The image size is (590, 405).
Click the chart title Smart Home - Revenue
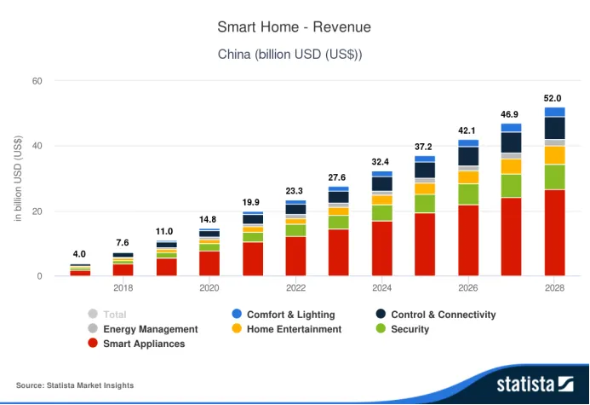pyautogui.click(x=294, y=27)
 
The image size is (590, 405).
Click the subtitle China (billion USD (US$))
pyautogui.click(x=294, y=54)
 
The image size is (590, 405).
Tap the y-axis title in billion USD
pyautogui.click(x=17, y=181)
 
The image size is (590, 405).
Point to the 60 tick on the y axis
pyautogui.click(x=37, y=81)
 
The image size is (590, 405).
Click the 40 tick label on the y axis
pyautogui.click(x=37, y=146)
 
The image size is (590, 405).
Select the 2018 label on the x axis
pyautogui.click(x=123, y=288)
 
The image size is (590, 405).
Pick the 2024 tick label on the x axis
pyautogui.click(x=382, y=288)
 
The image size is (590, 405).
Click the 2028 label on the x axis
pyautogui.click(x=554, y=288)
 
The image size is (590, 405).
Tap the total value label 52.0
pyautogui.click(x=553, y=98)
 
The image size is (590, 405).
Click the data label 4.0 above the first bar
pyautogui.click(x=79, y=254)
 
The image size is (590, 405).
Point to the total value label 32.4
pyautogui.click(x=381, y=162)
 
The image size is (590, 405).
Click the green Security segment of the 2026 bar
pyautogui.click(x=468, y=194)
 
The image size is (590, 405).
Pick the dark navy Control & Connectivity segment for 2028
pyautogui.click(x=554, y=128)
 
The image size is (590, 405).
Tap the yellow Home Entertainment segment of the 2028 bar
pyautogui.click(x=554, y=154)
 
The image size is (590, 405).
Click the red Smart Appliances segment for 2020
pyautogui.click(x=209, y=263)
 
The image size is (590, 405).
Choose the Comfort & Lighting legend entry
pyautogui.click(x=289, y=315)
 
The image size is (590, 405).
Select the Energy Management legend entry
pyautogui.click(x=149, y=329)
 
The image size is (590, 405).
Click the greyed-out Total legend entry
pyautogui.click(x=113, y=315)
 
